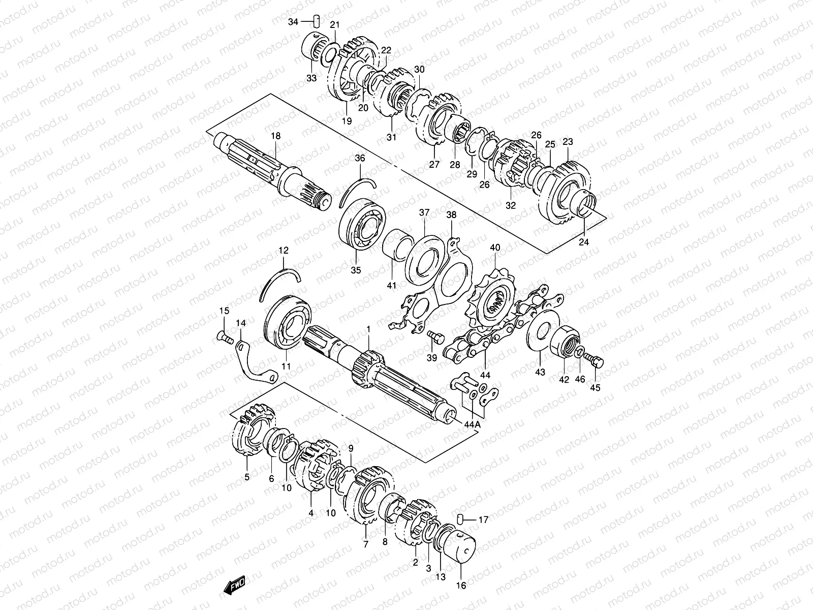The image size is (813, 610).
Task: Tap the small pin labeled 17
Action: pos(461,518)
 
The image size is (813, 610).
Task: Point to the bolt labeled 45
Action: pos(595,360)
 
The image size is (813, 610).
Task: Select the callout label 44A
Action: pos(472,424)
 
